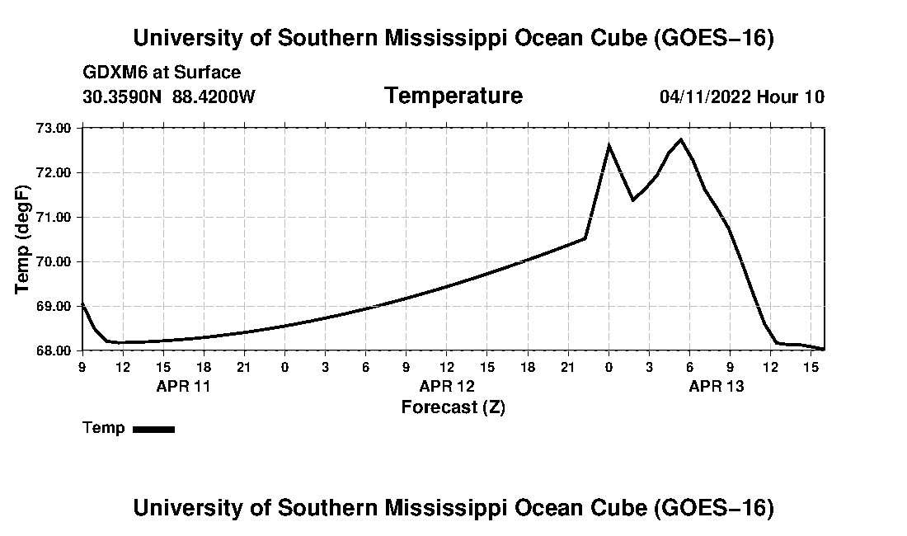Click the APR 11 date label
(x=183, y=386)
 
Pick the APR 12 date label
(x=447, y=386)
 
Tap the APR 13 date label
(x=716, y=386)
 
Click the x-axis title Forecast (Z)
(x=453, y=407)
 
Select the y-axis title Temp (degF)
(x=22, y=239)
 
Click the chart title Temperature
(x=453, y=96)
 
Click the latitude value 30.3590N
(x=122, y=96)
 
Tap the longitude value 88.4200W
(x=214, y=96)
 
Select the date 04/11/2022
(x=705, y=96)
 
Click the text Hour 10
(x=790, y=96)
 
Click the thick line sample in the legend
(x=154, y=429)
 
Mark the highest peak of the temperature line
(x=681, y=139)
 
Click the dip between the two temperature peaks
(x=632, y=200)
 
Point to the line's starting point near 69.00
(x=82, y=303)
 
